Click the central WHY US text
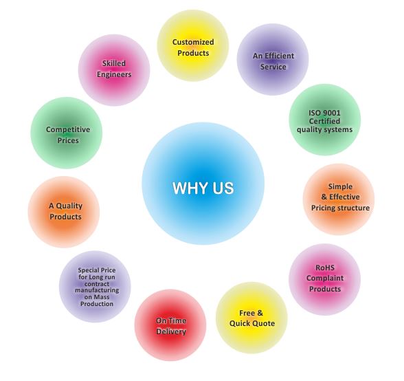pos(203,188)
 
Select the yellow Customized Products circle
pos(193,45)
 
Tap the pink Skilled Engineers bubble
pos(114,70)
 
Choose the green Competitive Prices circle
pos(67,133)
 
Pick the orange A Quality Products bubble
pos(64,212)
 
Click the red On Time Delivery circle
pos(170,325)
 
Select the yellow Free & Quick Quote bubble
pos(251,318)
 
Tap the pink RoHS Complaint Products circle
pos(324,279)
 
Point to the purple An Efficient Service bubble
pos(273,59)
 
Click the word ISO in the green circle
pos(315,113)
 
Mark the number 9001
pos(332,113)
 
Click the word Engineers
pos(114,75)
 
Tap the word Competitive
pos(68,129)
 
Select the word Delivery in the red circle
pos(171,331)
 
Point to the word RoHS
pos(325,268)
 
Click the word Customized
pos(193,42)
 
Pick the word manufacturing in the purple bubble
pos(97,290)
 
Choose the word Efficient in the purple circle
pos(279,56)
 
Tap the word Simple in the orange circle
pos(340,186)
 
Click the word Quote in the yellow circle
pos(264,323)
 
